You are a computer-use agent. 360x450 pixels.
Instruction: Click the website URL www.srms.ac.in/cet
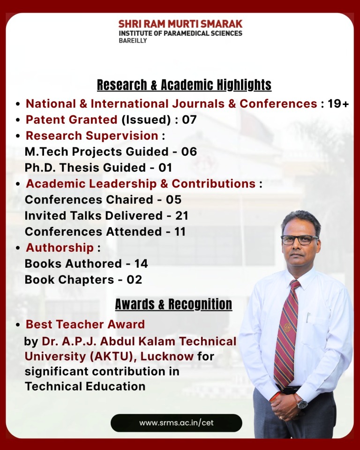176,423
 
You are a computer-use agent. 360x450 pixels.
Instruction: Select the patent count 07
189,120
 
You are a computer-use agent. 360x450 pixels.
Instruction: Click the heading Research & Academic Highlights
184,85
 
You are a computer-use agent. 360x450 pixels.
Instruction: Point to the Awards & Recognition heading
173,304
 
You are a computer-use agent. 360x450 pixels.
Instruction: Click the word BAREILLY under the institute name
133,40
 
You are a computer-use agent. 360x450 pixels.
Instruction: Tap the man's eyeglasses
300,240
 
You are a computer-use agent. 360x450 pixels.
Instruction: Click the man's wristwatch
302,404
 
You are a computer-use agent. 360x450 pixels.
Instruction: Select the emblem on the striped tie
287,327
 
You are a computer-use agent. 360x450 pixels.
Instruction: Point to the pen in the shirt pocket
308,317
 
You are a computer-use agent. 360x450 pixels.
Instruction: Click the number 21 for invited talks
182,216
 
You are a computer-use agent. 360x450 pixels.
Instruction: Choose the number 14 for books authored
141,263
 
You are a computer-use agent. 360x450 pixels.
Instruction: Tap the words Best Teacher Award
85,324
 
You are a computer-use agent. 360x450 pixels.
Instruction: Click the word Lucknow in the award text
167,356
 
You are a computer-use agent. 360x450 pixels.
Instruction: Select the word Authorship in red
60,247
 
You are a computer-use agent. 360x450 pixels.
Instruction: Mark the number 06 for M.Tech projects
189,151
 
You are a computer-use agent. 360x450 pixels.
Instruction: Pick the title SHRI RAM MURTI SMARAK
180,24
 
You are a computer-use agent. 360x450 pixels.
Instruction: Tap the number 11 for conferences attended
180,232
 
